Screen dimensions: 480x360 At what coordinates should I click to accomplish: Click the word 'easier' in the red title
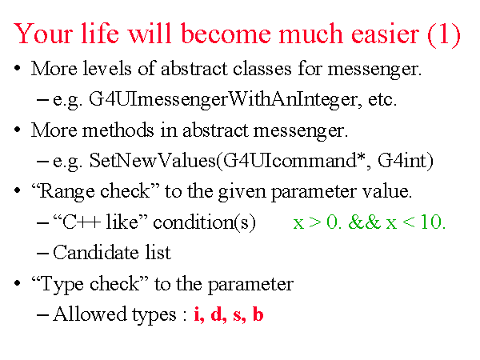[385, 34]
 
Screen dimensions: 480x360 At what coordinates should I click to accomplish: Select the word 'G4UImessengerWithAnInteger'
[223, 99]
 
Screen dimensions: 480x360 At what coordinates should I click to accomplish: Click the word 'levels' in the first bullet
[107, 68]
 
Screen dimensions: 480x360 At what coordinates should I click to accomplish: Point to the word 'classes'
[262, 68]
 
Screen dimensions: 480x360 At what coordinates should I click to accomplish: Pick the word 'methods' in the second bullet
[118, 130]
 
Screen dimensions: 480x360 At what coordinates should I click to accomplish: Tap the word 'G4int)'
[406, 161]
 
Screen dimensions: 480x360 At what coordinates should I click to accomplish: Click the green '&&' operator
[364, 222]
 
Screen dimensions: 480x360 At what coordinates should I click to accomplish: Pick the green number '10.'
[433, 222]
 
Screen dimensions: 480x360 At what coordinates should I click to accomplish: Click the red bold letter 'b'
[258, 314]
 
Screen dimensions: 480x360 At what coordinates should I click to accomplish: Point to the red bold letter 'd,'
[218, 314]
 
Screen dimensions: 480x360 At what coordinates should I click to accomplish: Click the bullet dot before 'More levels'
[17, 68]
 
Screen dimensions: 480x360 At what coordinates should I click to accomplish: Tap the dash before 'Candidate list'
[42, 254]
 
